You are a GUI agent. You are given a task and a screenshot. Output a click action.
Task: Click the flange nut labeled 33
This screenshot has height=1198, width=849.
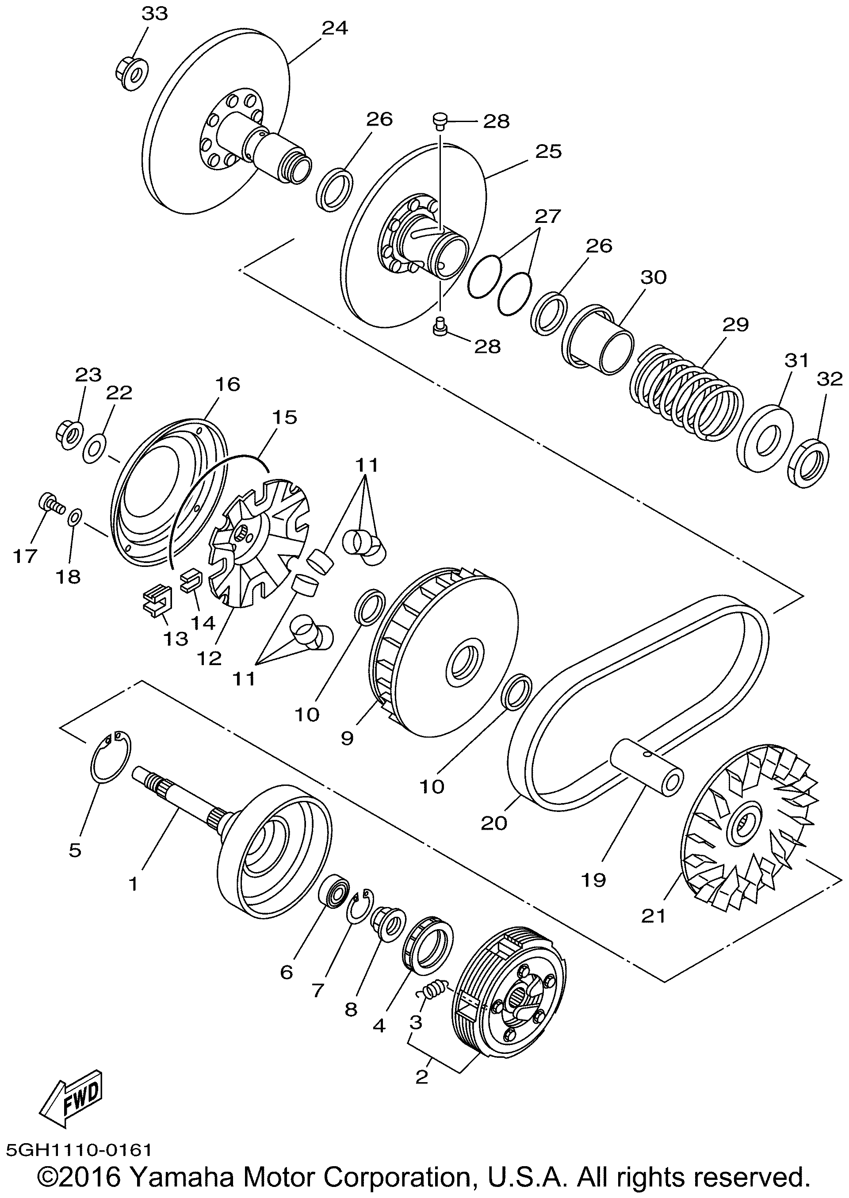coord(131,73)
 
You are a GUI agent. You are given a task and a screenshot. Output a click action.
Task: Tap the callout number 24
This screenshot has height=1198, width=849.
coord(335,28)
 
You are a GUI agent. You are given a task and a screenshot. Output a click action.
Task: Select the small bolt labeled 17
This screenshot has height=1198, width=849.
coord(50,503)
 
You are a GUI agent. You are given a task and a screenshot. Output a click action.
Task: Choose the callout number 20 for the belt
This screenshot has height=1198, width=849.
coord(494,823)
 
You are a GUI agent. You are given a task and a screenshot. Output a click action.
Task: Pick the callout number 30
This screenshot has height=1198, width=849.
coord(653,277)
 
